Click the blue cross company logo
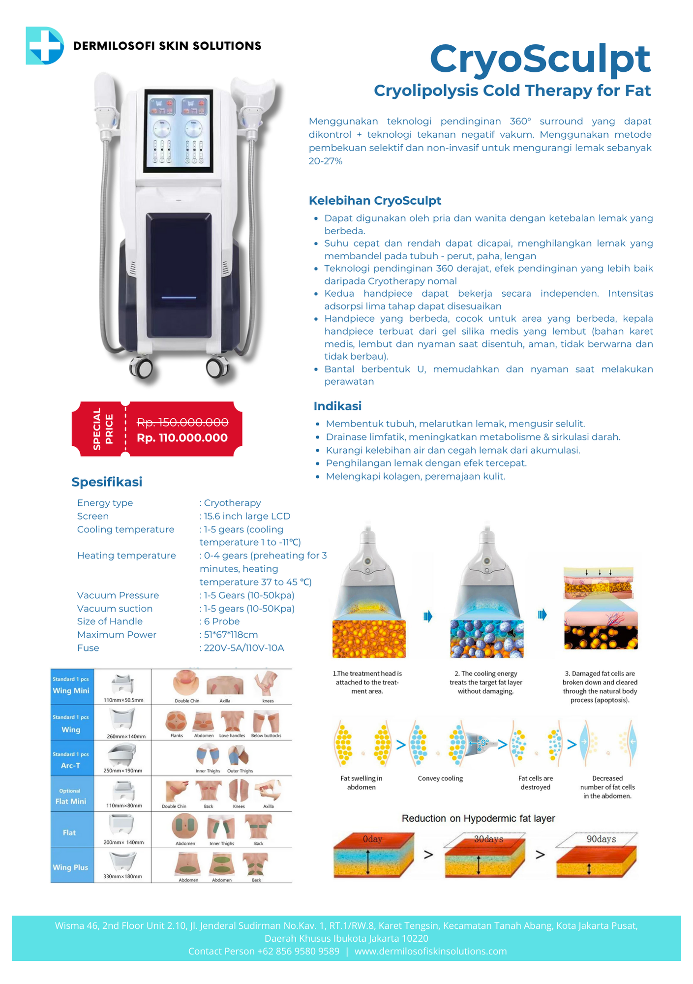[45, 46]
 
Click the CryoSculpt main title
[540, 59]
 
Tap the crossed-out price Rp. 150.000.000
[182, 422]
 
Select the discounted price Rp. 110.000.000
[182, 438]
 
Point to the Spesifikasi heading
[107, 482]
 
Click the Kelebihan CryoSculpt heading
[375, 200]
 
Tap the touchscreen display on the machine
[179, 130]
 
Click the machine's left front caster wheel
[141, 367]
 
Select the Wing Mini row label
[71, 690]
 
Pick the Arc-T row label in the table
[71, 765]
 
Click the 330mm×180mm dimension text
[122, 876]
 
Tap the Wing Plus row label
[70, 867]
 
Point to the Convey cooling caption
[440, 778]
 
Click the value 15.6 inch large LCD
[247, 516]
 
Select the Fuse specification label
[88, 648]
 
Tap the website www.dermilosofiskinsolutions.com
[430, 951]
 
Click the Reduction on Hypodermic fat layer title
[478, 818]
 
